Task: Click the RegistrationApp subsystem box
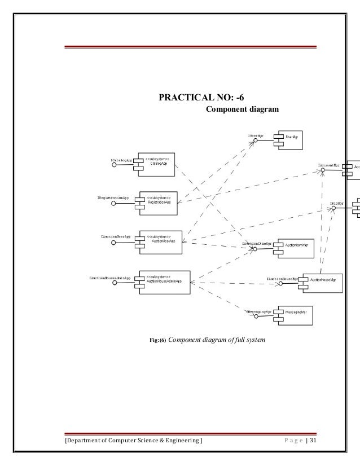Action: coord(160,203)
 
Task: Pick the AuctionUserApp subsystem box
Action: coord(160,240)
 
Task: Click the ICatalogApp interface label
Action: coord(121,161)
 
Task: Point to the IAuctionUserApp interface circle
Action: coord(113,243)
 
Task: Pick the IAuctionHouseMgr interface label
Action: coord(282,278)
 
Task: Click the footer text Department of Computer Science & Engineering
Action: coord(134,440)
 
